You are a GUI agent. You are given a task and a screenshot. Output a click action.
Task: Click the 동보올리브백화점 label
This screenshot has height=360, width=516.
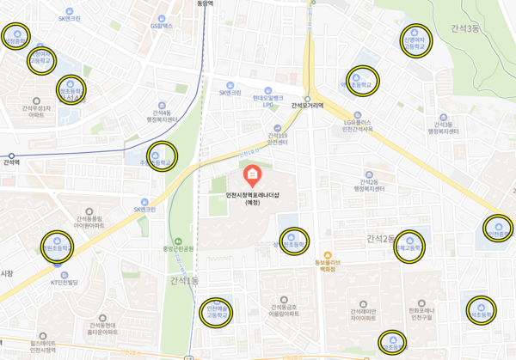(x=327, y=264)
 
